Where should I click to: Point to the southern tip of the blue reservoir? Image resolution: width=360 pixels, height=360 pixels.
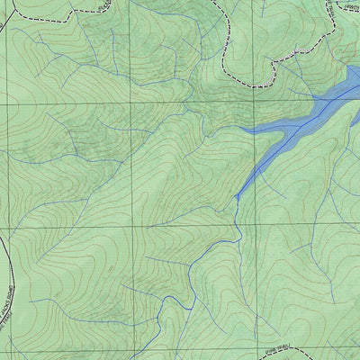click(237, 196)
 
